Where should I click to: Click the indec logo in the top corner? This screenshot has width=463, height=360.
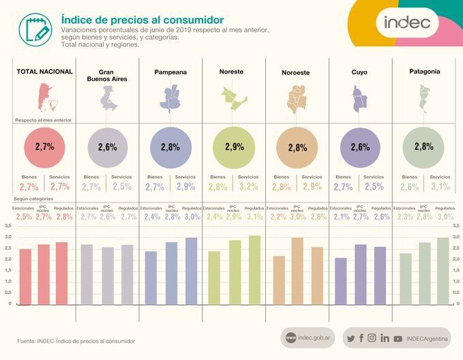407,22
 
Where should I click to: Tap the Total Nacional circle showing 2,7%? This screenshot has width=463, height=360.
44,147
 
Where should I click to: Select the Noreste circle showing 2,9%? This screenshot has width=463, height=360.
234,147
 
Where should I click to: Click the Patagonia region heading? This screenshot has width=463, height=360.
424,71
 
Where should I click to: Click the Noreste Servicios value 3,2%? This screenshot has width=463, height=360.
248,187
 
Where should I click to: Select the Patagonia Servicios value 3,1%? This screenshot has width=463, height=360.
440,187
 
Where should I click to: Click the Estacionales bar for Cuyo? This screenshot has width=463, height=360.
340,280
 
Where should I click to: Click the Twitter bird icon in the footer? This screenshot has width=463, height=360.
350,338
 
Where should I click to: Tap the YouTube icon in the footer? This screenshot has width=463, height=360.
398,338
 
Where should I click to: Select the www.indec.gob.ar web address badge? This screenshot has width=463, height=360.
308,338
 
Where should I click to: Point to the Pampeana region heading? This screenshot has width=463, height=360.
170,72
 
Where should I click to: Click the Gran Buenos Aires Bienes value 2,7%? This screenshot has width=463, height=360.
91,187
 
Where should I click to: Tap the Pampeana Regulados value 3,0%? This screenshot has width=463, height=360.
192,217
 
